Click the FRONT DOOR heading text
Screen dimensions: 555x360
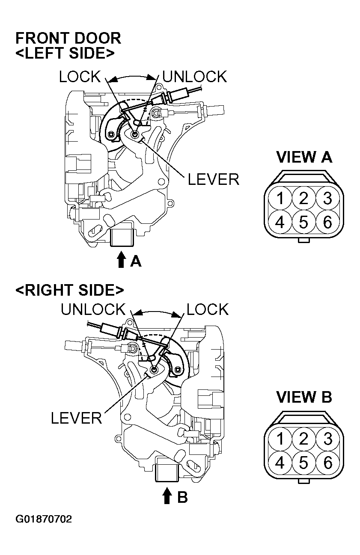68,38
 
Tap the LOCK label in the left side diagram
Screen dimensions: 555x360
80,77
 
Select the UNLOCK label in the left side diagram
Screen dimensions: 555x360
195,77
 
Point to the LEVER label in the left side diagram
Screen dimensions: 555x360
213,179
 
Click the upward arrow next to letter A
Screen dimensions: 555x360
121,259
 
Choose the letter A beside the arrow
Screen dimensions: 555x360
136,261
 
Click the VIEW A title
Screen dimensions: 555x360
304,157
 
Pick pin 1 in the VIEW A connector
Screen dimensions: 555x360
280,198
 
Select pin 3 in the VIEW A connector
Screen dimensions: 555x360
327,198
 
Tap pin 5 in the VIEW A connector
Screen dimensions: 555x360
304,223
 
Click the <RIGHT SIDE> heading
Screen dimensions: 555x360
69,290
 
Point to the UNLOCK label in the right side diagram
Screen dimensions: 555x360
93,309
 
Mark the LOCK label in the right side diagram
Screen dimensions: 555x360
208,309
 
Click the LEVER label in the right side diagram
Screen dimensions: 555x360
76,418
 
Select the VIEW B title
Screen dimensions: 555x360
304,397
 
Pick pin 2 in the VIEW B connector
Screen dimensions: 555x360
304,439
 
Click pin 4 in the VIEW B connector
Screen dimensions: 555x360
280,463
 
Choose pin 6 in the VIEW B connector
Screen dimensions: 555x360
327,463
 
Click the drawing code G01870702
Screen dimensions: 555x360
44,519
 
